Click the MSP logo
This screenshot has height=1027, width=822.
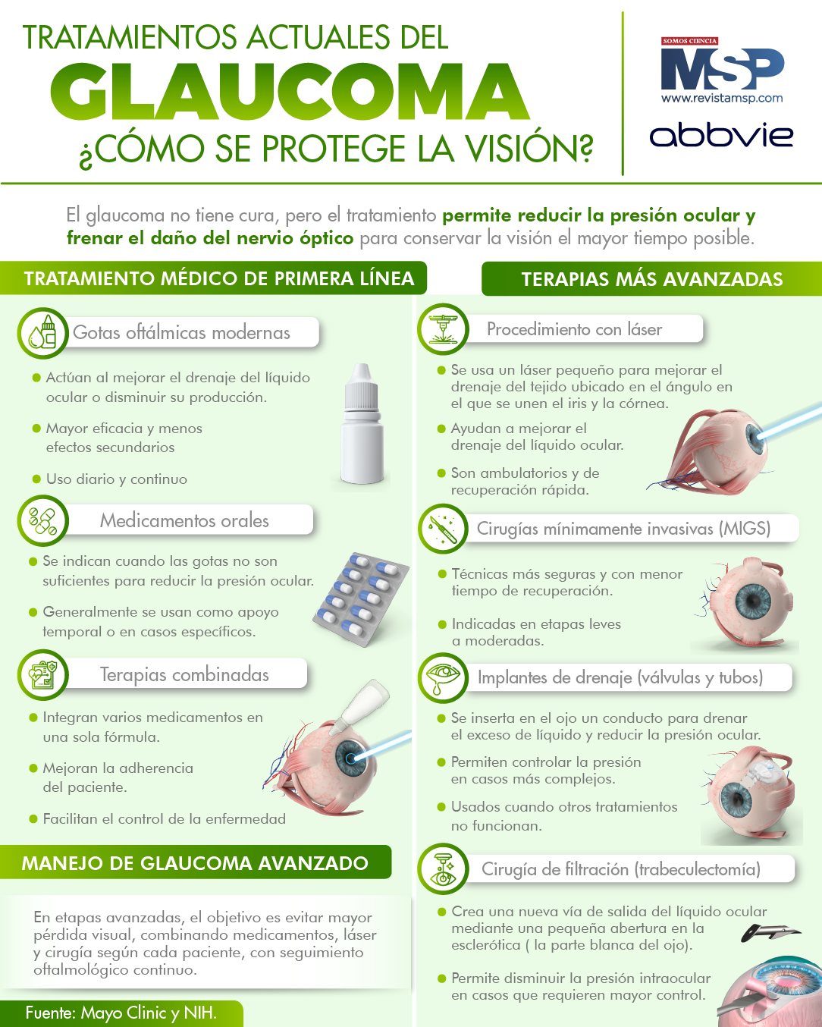pyautogui.click(x=722, y=68)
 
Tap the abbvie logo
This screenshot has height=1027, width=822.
pyautogui.click(x=721, y=136)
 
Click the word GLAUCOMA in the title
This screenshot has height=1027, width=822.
pyautogui.click(x=289, y=92)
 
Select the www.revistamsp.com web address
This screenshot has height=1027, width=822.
pyautogui.click(x=722, y=99)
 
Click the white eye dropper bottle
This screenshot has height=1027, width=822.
pyautogui.click(x=362, y=424)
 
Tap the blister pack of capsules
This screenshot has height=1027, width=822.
pyautogui.click(x=361, y=600)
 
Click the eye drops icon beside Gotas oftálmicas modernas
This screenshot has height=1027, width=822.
pyautogui.click(x=42, y=333)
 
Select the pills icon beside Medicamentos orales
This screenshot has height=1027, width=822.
pyautogui.click(x=42, y=520)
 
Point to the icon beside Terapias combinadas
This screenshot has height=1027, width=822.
pyautogui.click(x=42, y=675)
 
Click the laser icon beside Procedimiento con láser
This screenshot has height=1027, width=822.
pyautogui.click(x=443, y=329)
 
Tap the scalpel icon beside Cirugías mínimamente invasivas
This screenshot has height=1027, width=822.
pyautogui.click(x=443, y=529)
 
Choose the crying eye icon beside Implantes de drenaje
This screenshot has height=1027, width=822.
pyautogui.click(x=443, y=677)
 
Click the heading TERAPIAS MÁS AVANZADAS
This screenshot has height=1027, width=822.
pyautogui.click(x=652, y=279)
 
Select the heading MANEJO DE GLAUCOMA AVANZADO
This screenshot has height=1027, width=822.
pyautogui.click(x=195, y=863)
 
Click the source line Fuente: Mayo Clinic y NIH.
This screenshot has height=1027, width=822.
pyautogui.click(x=121, y=1013)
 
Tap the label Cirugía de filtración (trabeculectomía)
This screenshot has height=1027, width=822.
pyautogui.click(x=621, y=869)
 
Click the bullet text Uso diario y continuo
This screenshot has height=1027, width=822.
pyautogui.click(x=117, y=479)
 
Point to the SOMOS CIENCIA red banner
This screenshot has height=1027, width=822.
pyautogui.click(x=689, y=41)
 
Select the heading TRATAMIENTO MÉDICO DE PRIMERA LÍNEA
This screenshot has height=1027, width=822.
pyautogui.click(x=219, y=278)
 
